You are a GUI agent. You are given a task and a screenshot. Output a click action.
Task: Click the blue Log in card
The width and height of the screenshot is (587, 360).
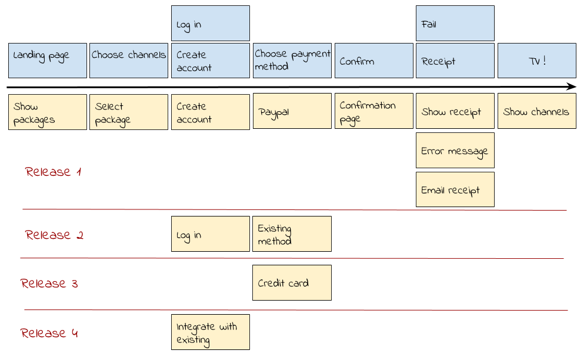(210, 24)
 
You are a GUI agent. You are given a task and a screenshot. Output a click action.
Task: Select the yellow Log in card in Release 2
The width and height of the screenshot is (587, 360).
(210, 234)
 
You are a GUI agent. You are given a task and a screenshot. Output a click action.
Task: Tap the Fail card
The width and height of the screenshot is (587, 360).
(455, 24)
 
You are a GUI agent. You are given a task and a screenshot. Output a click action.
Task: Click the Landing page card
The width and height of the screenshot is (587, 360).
(47, 61)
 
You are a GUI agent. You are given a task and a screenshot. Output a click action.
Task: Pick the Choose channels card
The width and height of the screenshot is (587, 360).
(128, 61)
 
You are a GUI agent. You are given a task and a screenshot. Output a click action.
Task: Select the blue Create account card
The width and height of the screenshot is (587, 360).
(210, 61)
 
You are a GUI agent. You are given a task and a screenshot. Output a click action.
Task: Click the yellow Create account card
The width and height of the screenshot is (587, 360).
(210, 112)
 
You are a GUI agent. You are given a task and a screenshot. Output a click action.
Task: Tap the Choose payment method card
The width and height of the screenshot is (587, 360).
(292, 61)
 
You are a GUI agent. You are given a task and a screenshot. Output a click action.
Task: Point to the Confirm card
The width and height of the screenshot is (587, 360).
(373, 61)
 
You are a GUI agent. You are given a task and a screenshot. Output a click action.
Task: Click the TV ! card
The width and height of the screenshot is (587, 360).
(536, 61)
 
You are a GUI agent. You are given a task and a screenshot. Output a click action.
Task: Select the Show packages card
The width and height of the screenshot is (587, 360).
(47, 112)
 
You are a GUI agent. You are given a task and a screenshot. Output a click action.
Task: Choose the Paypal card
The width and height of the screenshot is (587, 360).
(292, 112)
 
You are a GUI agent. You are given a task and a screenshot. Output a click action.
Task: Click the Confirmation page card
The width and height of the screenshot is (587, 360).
(373, 112)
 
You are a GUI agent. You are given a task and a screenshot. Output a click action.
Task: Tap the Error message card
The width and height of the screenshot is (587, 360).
(455, 151)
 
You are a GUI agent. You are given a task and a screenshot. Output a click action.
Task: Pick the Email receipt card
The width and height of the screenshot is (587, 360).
(455, 189)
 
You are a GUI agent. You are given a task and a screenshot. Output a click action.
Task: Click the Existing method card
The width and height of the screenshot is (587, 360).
(292, 234)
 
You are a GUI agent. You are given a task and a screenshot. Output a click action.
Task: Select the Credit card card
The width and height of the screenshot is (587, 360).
(292, 283)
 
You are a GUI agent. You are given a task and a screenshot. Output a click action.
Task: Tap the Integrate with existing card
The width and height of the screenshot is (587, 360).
(210, 332)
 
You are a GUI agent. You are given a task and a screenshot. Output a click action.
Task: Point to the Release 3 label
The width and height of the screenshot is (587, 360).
(49, 284)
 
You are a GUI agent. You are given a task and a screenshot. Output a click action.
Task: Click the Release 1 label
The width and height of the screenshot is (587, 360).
(53, 172)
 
